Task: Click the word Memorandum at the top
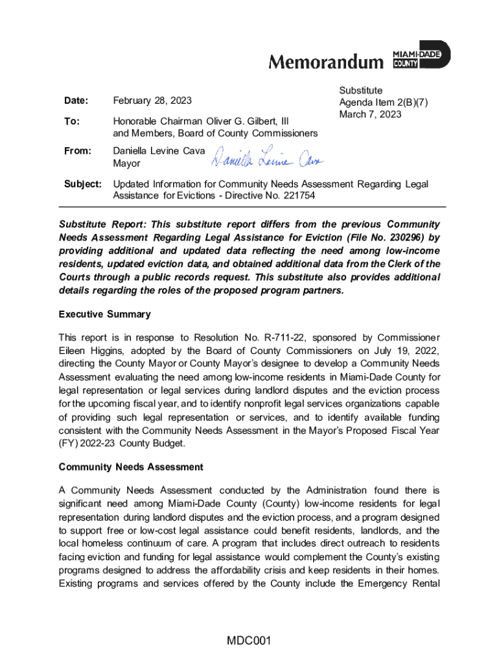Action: (326, 62)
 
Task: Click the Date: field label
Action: (76, 101)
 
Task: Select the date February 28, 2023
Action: (152, 101)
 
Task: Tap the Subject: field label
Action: (82, 184)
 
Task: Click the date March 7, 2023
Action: (370, 114)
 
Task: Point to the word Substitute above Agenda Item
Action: (361, 91)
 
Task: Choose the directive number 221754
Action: (299, 195)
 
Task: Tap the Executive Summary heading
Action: (104, 314)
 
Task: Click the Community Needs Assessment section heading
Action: (131, 467)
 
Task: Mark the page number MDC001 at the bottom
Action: (248, 642)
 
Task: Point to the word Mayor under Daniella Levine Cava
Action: (126, 163)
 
